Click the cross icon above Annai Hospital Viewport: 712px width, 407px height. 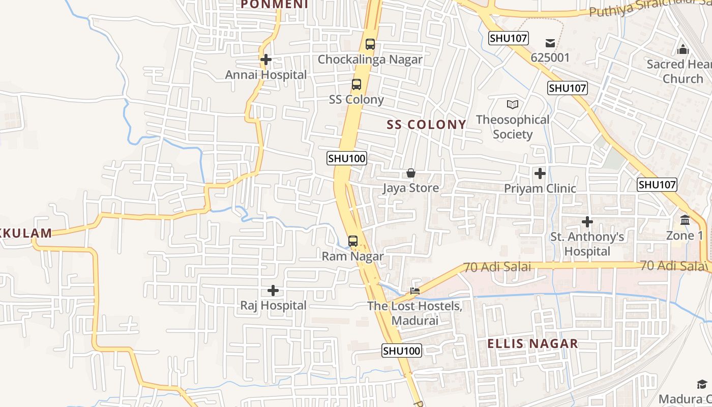pyautogui.click(x=265, y=60)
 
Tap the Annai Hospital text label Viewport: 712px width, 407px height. pyautogui.click(x=266, y=75)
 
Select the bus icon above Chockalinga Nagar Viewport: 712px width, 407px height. pyautogui.click(x=370, y=44)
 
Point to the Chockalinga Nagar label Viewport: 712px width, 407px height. pyautogui.click(x=370, y=60)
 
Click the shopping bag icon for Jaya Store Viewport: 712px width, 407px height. pyautogui.click(x=411, y=173)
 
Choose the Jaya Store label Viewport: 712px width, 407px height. pyautogui.click(x=411, y=188)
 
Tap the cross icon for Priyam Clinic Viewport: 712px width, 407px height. pyautogui.click(x=540, y=173)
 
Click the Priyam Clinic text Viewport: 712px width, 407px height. pyautogui.click(x=540, y=189)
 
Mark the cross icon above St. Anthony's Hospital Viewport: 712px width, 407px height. pyautogui.click(x=587, y=222)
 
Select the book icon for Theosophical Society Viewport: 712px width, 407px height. pyautogui.click(x=513, y=104)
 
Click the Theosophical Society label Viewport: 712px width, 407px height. pyautogui.click(x=513, y=127)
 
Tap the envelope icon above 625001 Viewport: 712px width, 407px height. pyautogui.click(x=550, y=43)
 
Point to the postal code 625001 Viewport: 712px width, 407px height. pyautogui.click(x=550, y=57)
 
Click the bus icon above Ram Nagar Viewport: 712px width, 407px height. pyautogui.click(x=353, y=241)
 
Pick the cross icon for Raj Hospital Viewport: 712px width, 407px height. pyautogui.click(x=273, y=290)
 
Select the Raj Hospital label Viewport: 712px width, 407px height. pyautogui.click(x=274, y=306)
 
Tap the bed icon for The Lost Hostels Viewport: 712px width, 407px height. pyautogui.click(x=416, y=291)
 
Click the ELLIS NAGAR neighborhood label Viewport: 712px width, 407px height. pyautogui.click(x=532, y=343)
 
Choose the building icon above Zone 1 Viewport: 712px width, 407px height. pyautogui.click(x=685, y=220)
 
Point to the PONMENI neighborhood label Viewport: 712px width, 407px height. pyautogui.click(x=275, y=5)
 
